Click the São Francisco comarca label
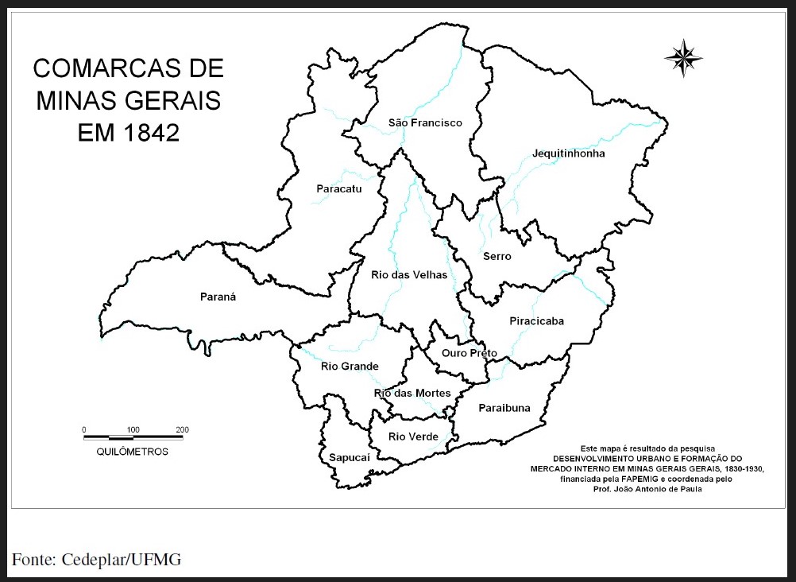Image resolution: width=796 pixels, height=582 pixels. pos(425,123)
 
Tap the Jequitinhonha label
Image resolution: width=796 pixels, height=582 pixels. pos(568,153)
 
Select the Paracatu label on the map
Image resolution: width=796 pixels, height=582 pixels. pos(338,189)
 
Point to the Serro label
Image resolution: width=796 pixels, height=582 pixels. pos(497,257)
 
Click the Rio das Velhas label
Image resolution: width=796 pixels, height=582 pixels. pos(409,275)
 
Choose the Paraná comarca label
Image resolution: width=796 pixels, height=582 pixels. pos(218,297)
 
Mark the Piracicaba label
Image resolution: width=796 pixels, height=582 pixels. pos(536,321)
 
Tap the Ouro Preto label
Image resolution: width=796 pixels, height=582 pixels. pos(469,353)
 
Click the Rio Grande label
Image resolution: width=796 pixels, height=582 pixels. pos(350,367)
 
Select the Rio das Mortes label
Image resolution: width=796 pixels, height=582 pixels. pos(412,394)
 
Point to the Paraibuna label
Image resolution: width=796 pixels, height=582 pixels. pos(504,409)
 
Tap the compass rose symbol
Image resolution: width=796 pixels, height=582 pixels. pos(682,57)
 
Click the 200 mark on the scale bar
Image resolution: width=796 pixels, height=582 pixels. pos(182,430)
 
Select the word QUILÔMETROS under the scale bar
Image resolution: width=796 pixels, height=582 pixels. pos(132,452)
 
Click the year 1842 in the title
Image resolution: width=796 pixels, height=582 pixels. pos(152,133)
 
